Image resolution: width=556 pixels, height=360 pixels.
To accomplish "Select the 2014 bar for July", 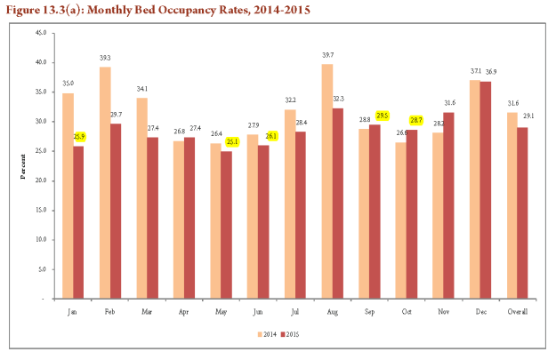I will [x=290, y=204].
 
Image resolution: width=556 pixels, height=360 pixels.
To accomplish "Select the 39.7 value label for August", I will [x=326, y=55].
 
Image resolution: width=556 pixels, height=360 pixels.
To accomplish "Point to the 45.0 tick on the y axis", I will [x=41, y=33].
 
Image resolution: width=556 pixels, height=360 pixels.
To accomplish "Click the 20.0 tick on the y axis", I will [x=41, y=180].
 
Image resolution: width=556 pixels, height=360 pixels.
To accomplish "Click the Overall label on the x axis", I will [x=518, y=313].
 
